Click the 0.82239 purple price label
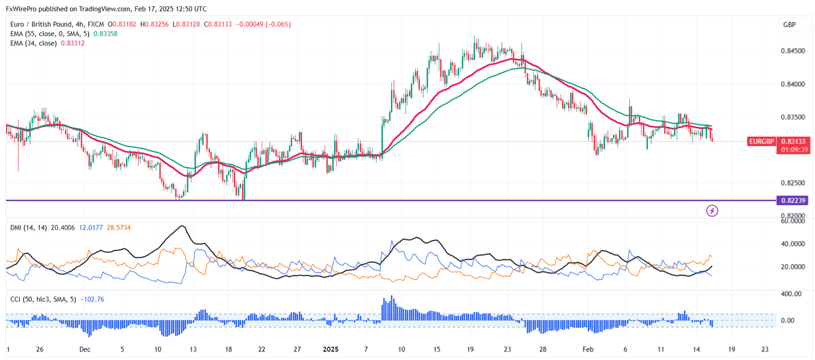coord(792,200)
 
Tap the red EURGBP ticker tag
coord(761,141)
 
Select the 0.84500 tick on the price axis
coord(792,51)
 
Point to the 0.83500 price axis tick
coord(792,117)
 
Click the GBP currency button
coord(790,25)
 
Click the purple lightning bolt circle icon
coord(712,211)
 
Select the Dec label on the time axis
coord(85,349)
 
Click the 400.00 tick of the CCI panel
coord(791,294)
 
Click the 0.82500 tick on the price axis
coord(792,183)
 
